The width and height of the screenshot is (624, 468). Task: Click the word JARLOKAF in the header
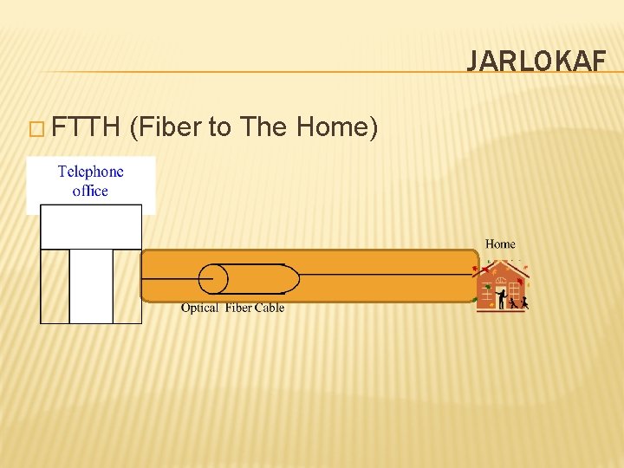click(x=536, y=61)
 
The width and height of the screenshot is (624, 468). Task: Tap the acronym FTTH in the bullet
click(x=85, y=127)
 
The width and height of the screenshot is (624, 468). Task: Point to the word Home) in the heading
click(x=337, y=127)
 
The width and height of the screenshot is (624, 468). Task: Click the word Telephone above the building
click(x=91, y=172)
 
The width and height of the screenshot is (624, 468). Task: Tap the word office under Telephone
click(x=90, y=191)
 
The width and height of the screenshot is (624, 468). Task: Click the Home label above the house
click(x=500, y=244)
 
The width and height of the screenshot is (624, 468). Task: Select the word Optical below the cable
click(x=200, y=308)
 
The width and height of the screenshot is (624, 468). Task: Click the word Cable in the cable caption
click(x=269, y=308)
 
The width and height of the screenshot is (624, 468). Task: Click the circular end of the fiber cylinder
click(x=213, y=278)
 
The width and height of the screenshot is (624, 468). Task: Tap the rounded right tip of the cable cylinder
click(x=292, y=278)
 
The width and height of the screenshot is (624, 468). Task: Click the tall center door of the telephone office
click(x=91, y=286)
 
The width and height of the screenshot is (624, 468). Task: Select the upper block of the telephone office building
click(x=91, y=227)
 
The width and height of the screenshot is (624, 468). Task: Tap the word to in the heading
click(x=219, y=127)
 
